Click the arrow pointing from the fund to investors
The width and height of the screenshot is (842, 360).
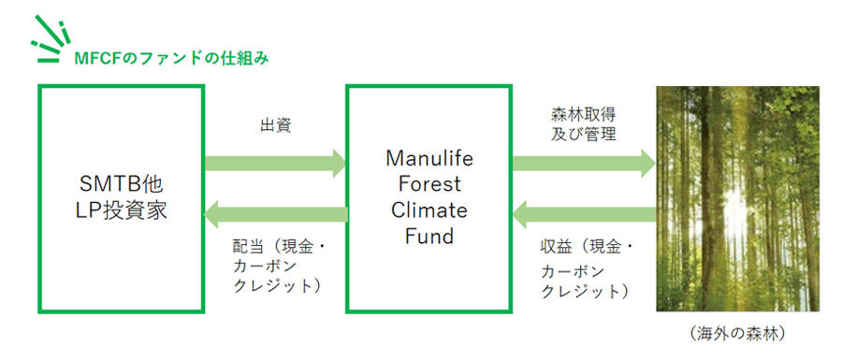coord(275,216)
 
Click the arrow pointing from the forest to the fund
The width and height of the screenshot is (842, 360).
coord(583,215)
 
